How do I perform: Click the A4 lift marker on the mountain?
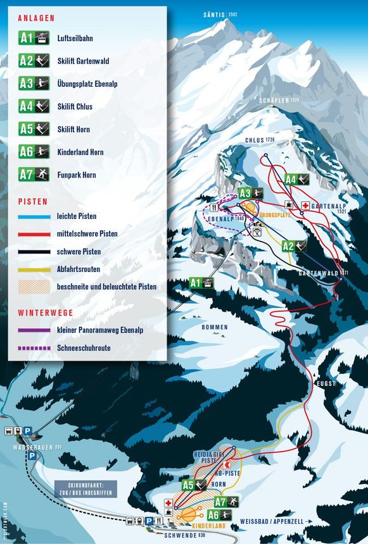(x=296, y=179)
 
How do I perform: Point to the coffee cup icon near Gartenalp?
(x=289, y=205)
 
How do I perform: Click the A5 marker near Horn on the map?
(x=194, y=485)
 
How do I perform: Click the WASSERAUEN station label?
(x=30, y=447)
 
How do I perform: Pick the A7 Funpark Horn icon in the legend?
(x=34, y=175)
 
